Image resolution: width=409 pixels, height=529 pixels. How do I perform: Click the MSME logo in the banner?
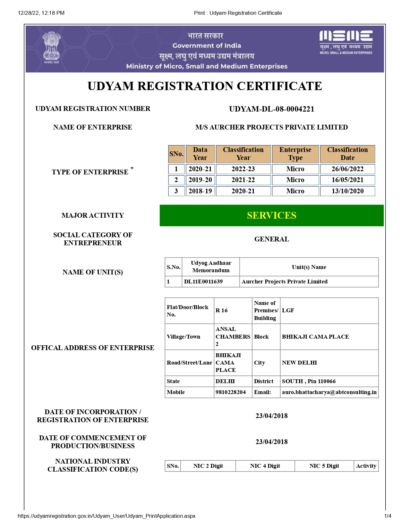pyautogui.click(x=346, y=42)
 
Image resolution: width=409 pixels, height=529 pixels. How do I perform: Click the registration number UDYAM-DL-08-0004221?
pyautogui.click(x=271, y=109)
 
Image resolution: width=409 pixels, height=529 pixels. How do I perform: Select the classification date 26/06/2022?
pyautogui.click(x=347, y=169)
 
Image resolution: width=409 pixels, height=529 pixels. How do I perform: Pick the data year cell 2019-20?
pyautogui.click(x=200, y=180)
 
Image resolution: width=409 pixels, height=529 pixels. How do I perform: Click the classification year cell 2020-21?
pyautogui.click(x=243, y=191)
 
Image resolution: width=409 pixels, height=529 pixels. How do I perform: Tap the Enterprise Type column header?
pyautogui.click(x=295, y=154)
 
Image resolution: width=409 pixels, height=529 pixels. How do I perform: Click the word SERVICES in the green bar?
pyautogui.click(x=271, y=215)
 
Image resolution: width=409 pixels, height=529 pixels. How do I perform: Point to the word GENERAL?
pyautogui.click(x=271, y=239)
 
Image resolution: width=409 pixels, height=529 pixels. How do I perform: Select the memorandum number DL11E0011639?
pyautogui.click(x=203, y=281)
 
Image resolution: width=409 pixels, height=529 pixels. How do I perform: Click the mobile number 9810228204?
pyautogui.click(x=231, y=392)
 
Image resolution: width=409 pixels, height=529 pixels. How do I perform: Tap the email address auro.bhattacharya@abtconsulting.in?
pyautogui.click(x=329, y=392)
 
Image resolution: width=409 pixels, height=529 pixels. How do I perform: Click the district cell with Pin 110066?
pyautogui.click(x=309, y=381)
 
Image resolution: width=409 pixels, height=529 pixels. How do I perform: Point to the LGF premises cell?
pyautogui.click(x=288, y=310)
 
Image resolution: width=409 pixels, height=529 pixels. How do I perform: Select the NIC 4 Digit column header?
pyautogui.click(x=265, y=466)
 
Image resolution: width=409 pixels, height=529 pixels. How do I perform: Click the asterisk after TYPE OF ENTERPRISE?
pyautogui.click(x=132, y=168)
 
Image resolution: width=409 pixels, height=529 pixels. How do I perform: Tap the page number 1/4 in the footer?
pyautogui.click(x=388, y=516)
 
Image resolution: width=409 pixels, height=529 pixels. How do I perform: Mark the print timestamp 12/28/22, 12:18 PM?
pyautogui.click(x=41, y=13)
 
